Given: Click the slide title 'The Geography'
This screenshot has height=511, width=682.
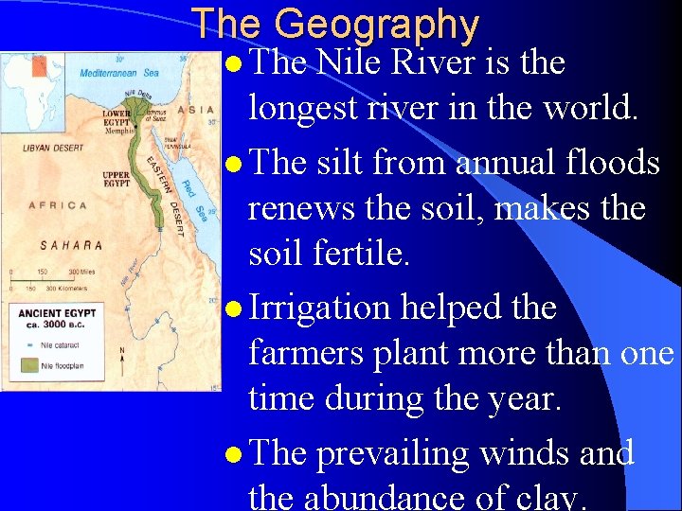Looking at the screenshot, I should (x=335, y=25).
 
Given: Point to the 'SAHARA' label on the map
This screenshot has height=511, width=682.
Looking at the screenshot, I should (x=71, y=245).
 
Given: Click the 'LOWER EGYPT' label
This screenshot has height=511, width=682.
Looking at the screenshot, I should (x=117, y=117).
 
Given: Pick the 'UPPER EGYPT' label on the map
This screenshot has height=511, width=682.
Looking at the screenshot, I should (x=117, y=180).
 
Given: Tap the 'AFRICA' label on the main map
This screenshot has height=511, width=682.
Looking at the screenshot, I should (x=59, y=205).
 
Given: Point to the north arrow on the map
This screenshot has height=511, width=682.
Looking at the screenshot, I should (x=121, y=358).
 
